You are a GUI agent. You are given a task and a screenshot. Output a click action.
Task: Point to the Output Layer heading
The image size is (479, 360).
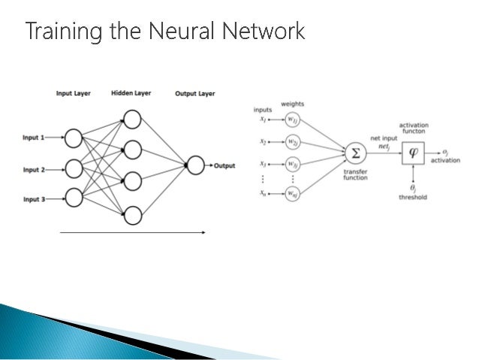pos(194,94)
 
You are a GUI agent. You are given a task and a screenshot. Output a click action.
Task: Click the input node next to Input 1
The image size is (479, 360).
pos(73,139)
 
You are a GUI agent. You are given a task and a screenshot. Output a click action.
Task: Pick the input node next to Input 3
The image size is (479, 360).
pos(73,198)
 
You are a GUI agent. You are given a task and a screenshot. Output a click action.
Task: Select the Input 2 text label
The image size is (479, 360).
pos(32,170)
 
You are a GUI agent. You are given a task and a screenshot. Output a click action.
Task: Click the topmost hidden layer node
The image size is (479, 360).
pos(132,119)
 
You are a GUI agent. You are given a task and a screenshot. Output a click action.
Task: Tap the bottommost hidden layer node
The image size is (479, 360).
pos(132,216)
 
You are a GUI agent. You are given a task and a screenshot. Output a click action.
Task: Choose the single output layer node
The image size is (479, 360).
pos(195,165)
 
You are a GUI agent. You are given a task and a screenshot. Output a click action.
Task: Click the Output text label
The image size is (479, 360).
pos(224,165)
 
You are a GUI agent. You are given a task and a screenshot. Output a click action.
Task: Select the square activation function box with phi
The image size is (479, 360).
pos(412,154)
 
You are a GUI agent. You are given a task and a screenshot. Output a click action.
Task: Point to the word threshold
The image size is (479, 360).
pos(412,197)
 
